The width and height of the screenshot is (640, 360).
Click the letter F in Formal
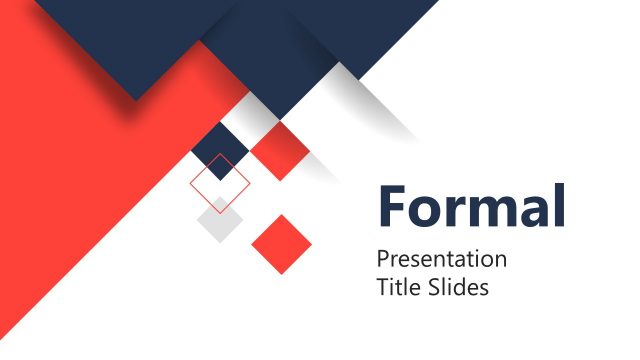click(392, 206)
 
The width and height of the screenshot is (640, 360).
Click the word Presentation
click(441, 260)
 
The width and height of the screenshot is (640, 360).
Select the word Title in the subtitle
click(397, 288)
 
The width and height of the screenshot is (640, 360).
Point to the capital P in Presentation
click(382, 259)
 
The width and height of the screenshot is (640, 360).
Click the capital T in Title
click(382, 288)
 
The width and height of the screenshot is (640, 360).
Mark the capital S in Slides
click(431, 288)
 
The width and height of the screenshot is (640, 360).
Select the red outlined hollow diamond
click(220, 184)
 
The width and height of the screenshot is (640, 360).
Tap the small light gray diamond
click(220, 221)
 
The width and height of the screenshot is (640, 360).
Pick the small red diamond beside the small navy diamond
click(279, 151)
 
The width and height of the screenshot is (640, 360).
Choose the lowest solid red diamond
click(281, 244)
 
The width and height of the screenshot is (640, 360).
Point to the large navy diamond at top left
click(140, 40)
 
